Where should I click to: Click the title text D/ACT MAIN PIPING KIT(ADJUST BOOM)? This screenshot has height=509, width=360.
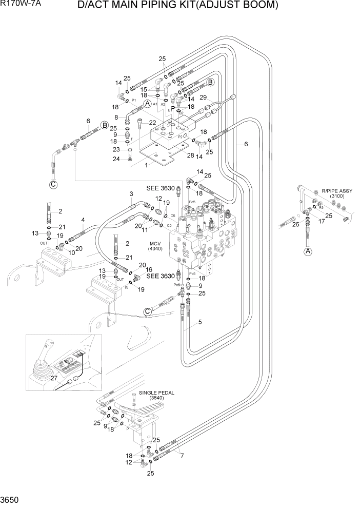[x=178, y=6]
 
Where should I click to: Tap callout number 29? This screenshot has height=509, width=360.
[x=203, y=97]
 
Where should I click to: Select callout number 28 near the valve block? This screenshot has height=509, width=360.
[x=190, y=154]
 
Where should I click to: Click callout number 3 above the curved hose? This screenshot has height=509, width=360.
[x=131, y=193]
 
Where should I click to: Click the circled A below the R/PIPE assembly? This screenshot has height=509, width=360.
[x=308, y=251]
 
